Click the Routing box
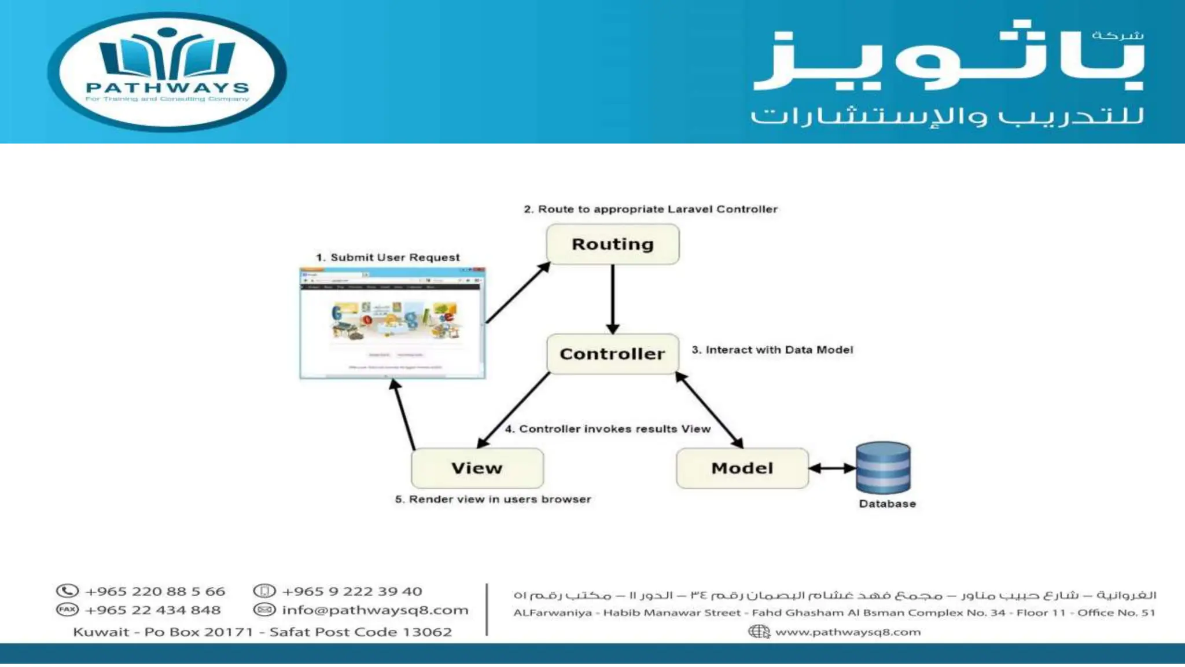(612, 244)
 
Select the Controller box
(612, 354)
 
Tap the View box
(477, 468)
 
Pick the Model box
(742, 468)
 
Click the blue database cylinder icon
(883, 467)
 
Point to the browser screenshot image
(392, 323)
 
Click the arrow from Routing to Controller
(612, 299)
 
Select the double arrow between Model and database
(832, 468)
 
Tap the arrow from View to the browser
(404, 413)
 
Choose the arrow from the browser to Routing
(517, 293)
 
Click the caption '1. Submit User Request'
(388, 257)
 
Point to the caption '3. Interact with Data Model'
(772, 350)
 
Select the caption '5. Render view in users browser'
(493, 499)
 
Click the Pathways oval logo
(167, 71)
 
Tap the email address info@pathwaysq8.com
(375, 610)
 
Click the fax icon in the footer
(67, 610)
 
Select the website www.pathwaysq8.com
(847, 632)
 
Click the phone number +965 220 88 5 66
(154, 591)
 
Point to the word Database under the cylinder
(887, 504)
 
